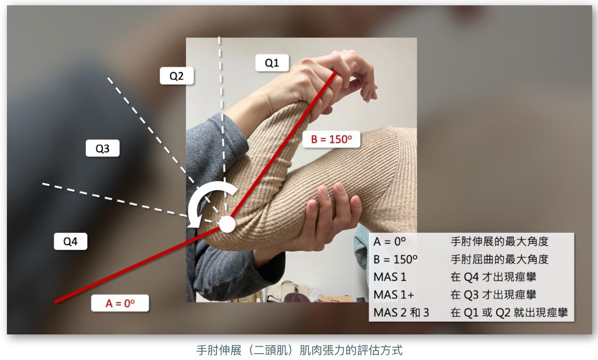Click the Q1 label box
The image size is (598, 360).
point(272,62)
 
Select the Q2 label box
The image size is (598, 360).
point(176,76)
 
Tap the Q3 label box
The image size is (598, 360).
point(102,148)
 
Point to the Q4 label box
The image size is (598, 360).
point(70,241)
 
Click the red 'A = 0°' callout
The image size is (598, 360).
point(120,303)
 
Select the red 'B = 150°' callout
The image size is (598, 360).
point(331,139)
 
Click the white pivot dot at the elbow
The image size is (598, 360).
point(227,224)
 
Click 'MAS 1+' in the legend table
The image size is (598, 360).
point(393,295)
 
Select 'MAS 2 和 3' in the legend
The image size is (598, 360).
point(401,313)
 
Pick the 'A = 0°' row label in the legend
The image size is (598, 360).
point(390,242)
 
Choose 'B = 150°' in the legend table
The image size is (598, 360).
point(395,259)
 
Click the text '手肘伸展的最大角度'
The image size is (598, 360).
point(499,241)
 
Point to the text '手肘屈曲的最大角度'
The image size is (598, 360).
point(499,259)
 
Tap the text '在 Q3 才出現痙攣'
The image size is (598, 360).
point(494,294)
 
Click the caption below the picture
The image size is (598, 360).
point(300,350)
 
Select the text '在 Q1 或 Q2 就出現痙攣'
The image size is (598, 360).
point(509,313)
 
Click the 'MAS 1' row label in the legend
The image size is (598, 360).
point(390,277)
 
